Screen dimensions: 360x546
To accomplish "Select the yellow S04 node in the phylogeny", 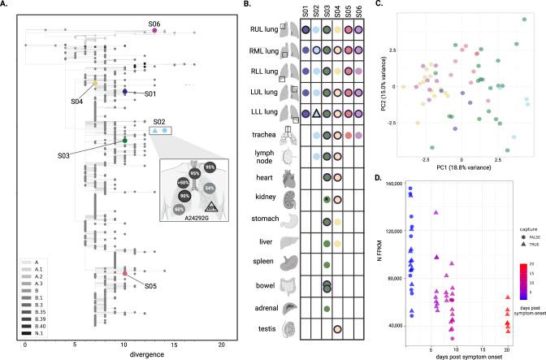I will click(95, 84).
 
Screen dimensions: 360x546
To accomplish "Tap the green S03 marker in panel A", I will click(125, 141).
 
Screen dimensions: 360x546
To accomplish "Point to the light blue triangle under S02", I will click(154, 130).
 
